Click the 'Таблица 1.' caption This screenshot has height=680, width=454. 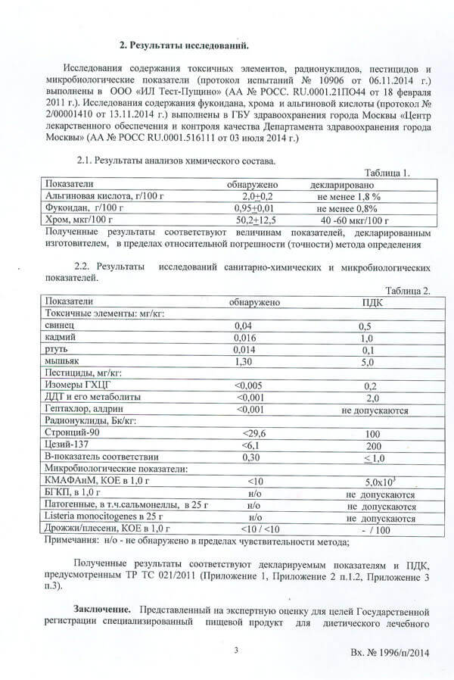tap(387, 172)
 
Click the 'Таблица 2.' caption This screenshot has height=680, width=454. tap(407, 291)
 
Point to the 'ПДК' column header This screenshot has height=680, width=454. tap(368, 302)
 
